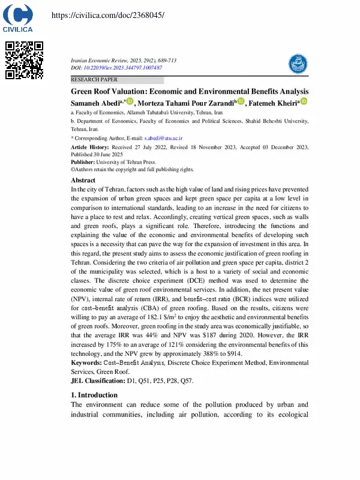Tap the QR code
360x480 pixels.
click(x=25, y=60)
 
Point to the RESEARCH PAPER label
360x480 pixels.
click(x=94, y=79)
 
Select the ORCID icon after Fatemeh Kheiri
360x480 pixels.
click(x=304, y=102)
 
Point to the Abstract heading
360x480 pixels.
click(x=83, y=180)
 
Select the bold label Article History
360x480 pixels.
click(x=89, y=147)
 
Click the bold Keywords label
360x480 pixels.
click(x=88, y=363)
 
